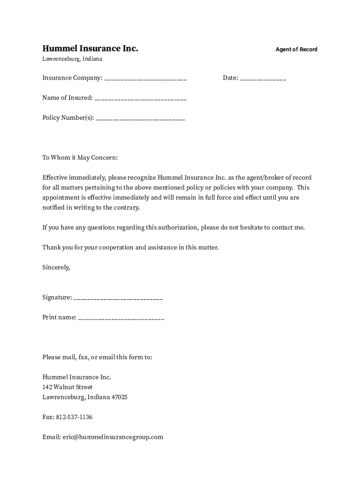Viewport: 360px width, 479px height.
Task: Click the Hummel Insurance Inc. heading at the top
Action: pyautogui.click(x=90, y=49)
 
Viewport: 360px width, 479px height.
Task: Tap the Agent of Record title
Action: pyautogui.click(x=296, y=50)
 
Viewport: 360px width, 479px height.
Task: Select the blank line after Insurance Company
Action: pyautogui.click(x=145, y=79)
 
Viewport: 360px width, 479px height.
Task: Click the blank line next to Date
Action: pyautogui.click(x=263, y=79)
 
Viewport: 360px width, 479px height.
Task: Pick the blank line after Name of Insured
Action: pyautogui.click(x=141, y=99)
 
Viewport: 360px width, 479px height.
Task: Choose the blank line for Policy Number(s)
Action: pyautogui.click(x=140, y=118)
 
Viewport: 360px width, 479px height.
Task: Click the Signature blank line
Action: pyautogui.click(x=118, y=298)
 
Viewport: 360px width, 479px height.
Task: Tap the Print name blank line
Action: pyautogui.click(x=122, y=318)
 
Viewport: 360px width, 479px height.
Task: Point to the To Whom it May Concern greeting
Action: pyautogui.click(x=80, y=158)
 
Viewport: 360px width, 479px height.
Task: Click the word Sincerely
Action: pyautogui.click(x=56, y=268)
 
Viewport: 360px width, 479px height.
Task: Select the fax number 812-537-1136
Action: pyautogui.click(x=74, y=417)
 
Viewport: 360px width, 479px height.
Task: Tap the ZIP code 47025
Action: pyautogui.click(x=119, y=397)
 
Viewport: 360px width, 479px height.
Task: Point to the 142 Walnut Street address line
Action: pyautogui.click(x=67, y=387)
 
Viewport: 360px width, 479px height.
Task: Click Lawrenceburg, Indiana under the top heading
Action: pyautogui.click(x=72, y=59)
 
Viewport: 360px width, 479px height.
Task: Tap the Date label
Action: pyautogui.click(x=230, y=78)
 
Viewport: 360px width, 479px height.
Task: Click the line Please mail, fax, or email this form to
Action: pyautogui.click(x=97, y=357)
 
